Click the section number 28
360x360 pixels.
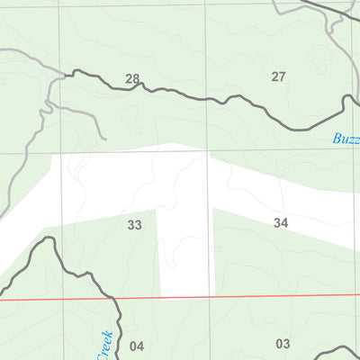tap(132, 79)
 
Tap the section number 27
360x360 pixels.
tap(278, 76)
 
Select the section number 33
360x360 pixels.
tap(135, 225)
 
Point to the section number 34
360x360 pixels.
tap(281, 221)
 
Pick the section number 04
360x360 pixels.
tap(137, 346)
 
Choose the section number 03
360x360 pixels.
tap(283, 343)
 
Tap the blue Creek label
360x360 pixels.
tap(105, 343)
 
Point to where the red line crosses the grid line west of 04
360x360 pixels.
tap(64, 299)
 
